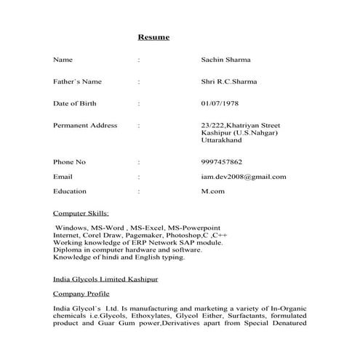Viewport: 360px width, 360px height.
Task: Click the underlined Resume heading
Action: (x=153, y=36)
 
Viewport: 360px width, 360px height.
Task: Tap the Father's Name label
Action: (x=78, y=81)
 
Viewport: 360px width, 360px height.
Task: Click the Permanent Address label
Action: (x=85, y=125)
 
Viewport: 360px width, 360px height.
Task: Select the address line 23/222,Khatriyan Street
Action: (x=240, y=125)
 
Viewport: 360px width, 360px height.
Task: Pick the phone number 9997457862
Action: (x=222, y=161)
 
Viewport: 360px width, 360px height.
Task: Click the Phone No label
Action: (x=70, y=161)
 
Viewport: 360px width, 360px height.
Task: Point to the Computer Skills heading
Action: (x=81, y=214)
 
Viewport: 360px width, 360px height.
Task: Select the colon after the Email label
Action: (x=138, y=177)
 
